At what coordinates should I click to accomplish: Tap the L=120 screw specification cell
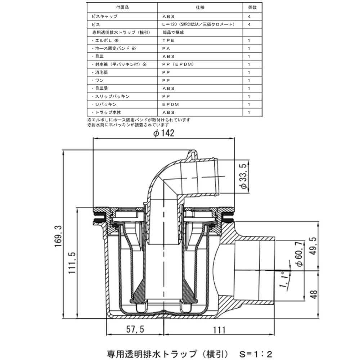[x=198, y=24]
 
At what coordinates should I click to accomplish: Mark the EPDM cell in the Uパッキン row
[x=171, y=104]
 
